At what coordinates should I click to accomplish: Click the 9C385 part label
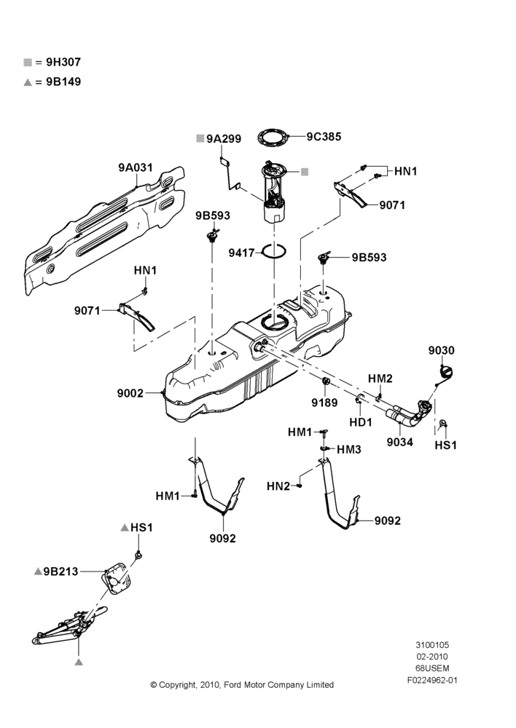click(x=324, y=137)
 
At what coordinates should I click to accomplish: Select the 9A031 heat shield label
click(x=136, y=167)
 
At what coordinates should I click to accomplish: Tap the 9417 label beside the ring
click(x=241, y=253)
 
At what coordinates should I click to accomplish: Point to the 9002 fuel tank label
click(x=130, y=393)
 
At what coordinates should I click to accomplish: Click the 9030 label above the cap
click(x=441, y=350)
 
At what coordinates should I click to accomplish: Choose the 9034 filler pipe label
click(x=400, y=442)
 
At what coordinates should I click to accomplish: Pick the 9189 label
click(x=324, y=403)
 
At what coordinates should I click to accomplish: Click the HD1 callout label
click(x=361, y=422)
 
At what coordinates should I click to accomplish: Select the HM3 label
click(x=348, y=449)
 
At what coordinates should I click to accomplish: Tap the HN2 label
click(x=278, y=486)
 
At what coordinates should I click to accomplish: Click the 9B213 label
click(x=61, y=571)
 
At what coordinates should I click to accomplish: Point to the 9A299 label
click(x=224, y=139)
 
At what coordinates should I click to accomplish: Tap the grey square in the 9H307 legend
click(x=28, y=62)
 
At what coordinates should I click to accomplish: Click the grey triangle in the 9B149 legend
click(x=28, y=82)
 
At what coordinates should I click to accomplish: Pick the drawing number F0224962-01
click(x=432, y=680)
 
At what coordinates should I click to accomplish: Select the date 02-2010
click(x=432, y=657)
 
